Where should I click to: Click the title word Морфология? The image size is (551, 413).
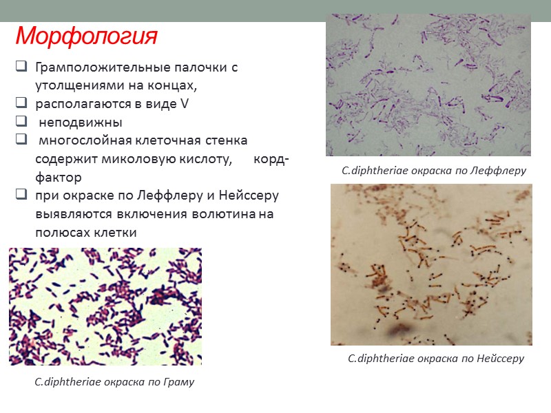click(86, 35)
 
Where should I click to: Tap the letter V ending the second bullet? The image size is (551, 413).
click(184, 105)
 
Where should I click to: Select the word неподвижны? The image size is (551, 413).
click(80, 123)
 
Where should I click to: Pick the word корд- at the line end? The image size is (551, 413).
click(272, 160)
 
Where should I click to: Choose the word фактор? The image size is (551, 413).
click(58, 178)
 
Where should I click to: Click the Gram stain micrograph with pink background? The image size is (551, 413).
click(105, 306)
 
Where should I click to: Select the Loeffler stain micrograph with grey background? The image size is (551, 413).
click(428, 86)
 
